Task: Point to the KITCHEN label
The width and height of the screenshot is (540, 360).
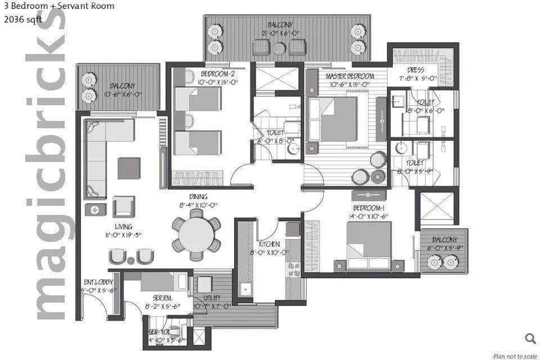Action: click(x=269, y=244)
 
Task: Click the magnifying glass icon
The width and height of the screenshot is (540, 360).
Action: click(x=530, y=338)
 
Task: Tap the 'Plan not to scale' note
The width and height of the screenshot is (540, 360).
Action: click(x=514, y=355)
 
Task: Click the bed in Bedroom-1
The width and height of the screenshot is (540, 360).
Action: click(x=369, y=246)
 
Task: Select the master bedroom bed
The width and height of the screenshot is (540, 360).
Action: click(x=336, y=119)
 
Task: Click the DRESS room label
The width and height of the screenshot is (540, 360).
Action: click(x=416, y=70)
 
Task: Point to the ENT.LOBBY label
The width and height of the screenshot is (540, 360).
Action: click(x=98, y=282)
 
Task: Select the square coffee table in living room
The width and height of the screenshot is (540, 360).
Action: click(x=129, y=168)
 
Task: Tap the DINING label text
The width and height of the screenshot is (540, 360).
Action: click(x=198, y=196)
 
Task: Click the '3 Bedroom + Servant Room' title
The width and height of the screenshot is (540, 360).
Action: click(x=58, y=6)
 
